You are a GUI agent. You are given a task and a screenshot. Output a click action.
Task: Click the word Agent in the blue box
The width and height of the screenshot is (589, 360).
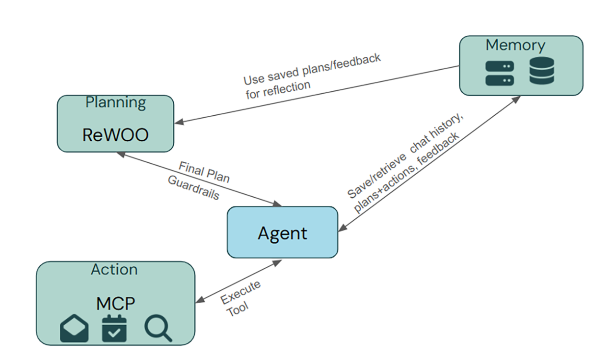pyautogui.click(x=282, y=233)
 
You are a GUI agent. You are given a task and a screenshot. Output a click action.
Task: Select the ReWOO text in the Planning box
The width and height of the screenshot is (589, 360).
pyautogui.click(x=115, y=134)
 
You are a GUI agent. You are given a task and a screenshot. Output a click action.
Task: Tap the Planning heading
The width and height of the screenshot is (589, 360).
pyautogui.click(x=116, y=103)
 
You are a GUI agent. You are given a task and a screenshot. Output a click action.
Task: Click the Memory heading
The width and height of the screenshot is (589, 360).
pyautogui.click(x=515, y=45)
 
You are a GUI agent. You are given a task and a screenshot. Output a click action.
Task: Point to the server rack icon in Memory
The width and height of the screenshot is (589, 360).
pyautogui.click(x=499, y=73)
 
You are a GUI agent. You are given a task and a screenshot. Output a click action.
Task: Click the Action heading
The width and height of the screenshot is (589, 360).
pyautogui.click(x=114, y=269)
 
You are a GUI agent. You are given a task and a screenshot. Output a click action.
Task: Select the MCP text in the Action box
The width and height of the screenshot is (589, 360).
pyautogui.click(x=115, y=303)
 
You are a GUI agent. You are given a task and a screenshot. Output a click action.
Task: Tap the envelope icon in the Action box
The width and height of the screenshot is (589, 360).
pyautogui.click(x=74, y=329)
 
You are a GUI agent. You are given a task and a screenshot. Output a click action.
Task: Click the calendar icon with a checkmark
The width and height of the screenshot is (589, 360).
pyautogui.click(x=114, y=329)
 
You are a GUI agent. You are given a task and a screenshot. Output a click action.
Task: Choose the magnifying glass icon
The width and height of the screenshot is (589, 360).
pyautogui.click(x=158, y=328)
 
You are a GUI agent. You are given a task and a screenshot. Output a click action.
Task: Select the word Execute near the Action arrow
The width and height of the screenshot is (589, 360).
pyautogui.click(x=241, y=292)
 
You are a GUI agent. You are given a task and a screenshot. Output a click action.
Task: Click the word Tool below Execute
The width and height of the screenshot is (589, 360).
pyautogui.click(x=238, y=309)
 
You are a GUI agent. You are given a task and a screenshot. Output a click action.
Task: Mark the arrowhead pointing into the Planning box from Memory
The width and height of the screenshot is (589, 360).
pyautogui.click(x=180, y=122)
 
